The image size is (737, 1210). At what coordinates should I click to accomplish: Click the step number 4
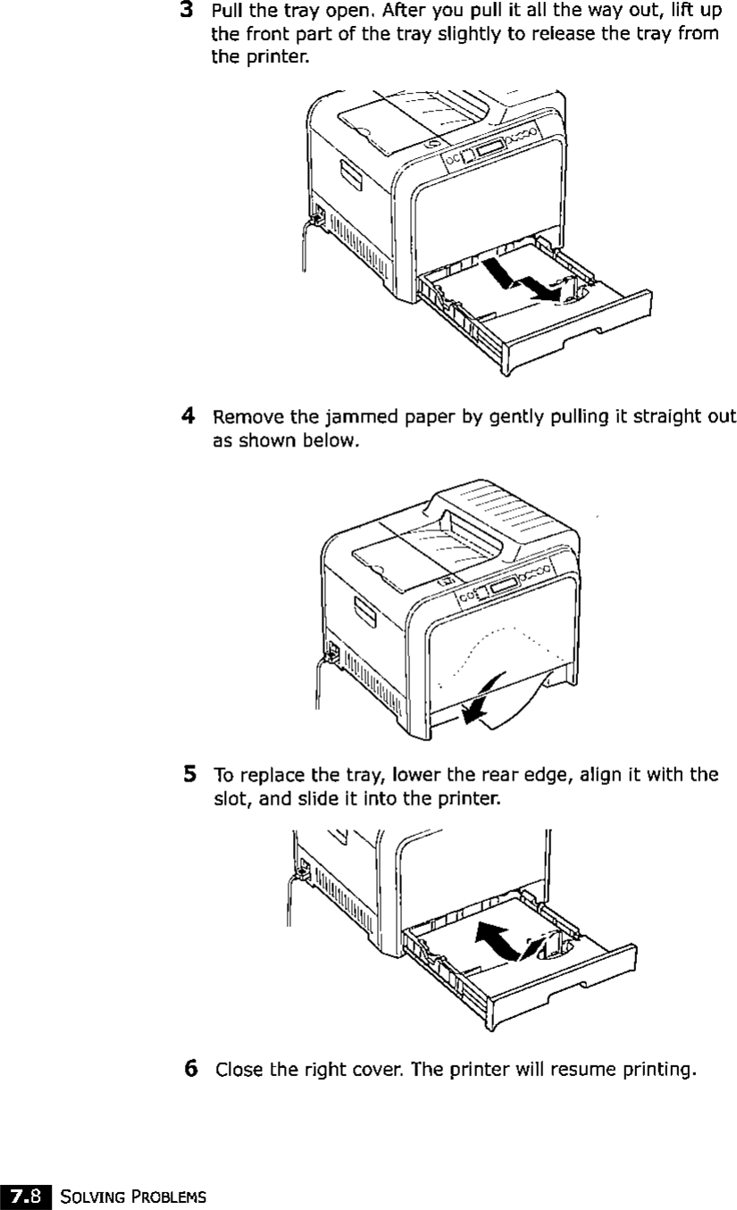(x=188, y=415)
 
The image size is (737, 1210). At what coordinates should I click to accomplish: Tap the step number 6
(x=190, y=1068)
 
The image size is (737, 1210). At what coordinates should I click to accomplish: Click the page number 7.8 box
(x=25, y=1194)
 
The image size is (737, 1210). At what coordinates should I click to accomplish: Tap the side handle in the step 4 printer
(x=364, y=614)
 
